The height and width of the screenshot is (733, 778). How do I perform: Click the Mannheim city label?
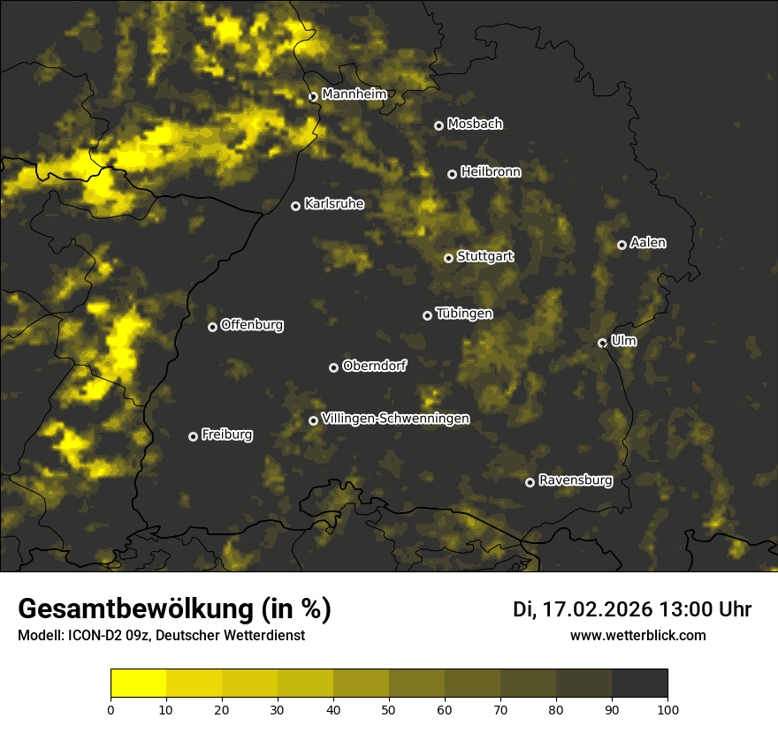click(x=354, y=94)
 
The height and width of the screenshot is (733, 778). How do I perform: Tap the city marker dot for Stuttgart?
click(x=448, y=258)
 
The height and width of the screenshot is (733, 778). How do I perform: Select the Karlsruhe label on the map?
click(x=333, y=204)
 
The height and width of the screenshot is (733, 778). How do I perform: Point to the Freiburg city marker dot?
click(x=193, y=436)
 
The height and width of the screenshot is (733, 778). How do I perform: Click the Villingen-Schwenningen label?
click(x=395, y=419)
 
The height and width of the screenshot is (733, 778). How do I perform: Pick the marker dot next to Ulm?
click(x=602, y=343)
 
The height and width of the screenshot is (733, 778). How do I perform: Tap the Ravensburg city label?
click(x=575, y=480)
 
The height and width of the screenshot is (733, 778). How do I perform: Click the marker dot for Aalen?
click(x=622, y=245)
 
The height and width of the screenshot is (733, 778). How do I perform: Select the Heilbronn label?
click(x=491, y=172)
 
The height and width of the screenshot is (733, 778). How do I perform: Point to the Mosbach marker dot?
click(x=439, y=125)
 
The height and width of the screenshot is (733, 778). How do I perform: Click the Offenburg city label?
click(x=251, y=325)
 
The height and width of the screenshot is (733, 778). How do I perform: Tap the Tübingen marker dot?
click(x=427, y=315)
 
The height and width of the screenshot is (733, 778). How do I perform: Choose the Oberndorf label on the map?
click(x=374, y=366)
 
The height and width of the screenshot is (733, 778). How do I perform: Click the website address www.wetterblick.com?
click(x=637, y=635)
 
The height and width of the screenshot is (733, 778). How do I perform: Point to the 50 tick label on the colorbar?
click(x=389, y=709)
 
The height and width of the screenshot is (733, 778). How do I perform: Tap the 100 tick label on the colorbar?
click(x=667, y=709)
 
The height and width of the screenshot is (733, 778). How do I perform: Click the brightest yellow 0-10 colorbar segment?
click(x=139, y=683)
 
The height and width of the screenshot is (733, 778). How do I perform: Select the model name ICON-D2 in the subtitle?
click(x=88, y=636)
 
